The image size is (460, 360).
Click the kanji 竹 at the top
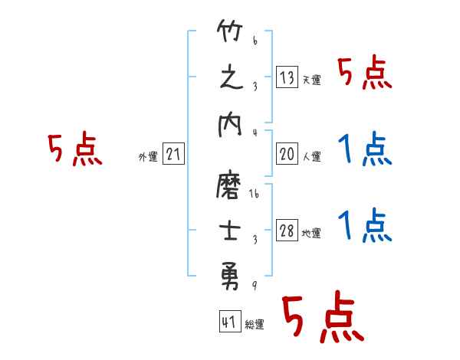(231, 34)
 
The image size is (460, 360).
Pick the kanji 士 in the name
(231, 231)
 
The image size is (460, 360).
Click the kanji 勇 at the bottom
(231, 271)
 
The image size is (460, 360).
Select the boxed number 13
(287, 77)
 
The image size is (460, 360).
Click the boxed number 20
(287, 154)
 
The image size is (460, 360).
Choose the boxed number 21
(173, 155)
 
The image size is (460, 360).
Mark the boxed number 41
(228, 322)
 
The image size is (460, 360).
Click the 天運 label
(311, 80)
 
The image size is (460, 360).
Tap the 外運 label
(148, 157)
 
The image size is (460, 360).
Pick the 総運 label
(255, 325)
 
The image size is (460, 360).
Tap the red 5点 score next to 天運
(364, 73)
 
